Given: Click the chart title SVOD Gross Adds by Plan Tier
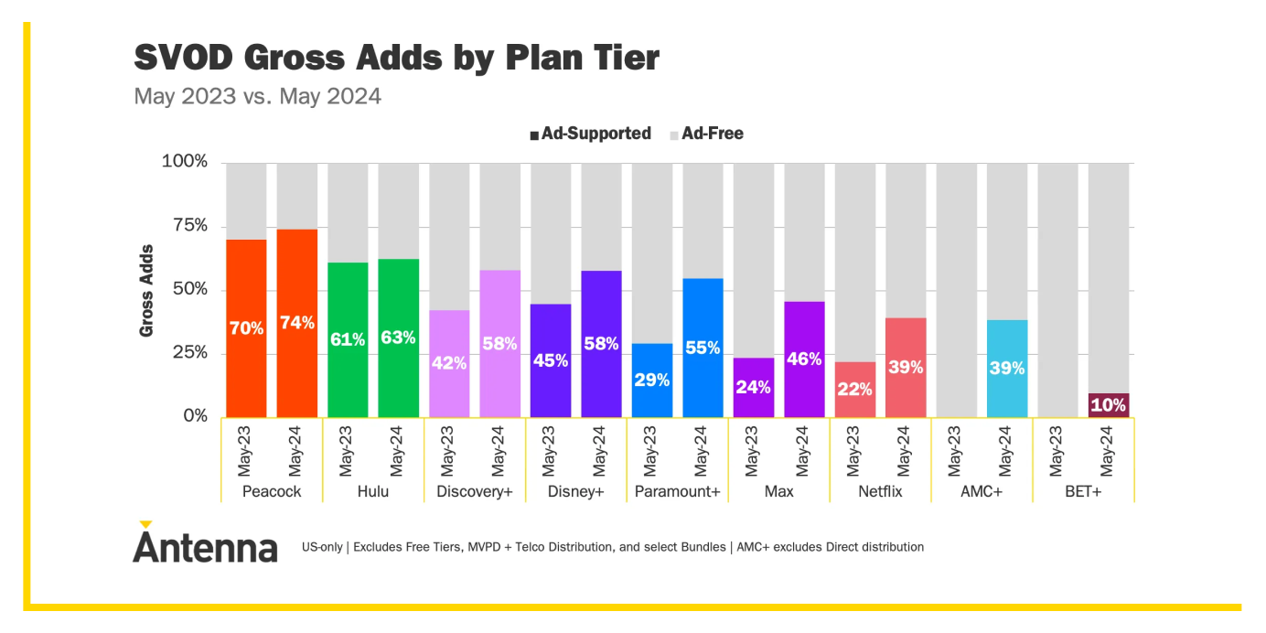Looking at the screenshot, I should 396,58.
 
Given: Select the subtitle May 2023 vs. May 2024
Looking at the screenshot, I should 257,96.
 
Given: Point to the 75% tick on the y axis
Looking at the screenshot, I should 185,226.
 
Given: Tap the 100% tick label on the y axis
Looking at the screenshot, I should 185,162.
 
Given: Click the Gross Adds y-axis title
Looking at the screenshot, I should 146,290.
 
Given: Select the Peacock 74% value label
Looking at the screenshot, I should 297,322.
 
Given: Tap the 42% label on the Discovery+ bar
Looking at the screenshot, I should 449,362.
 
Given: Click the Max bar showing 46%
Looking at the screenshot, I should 804,359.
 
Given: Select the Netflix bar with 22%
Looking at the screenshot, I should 854,389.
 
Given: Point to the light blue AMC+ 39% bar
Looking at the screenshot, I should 1007,368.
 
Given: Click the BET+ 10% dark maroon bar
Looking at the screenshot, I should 1109,405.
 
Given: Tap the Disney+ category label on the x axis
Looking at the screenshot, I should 575,492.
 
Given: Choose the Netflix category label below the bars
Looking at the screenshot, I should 880,492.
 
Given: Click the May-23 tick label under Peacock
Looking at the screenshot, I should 245,450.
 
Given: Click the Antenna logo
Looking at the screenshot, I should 205,545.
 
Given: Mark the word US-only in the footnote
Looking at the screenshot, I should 321,547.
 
